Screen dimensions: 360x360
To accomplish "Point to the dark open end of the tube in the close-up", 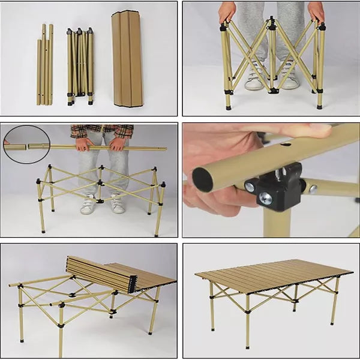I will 203,179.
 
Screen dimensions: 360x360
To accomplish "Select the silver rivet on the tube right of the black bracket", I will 313,189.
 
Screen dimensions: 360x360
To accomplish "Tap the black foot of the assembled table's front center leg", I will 247,346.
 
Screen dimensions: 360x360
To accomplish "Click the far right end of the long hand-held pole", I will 166,148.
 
